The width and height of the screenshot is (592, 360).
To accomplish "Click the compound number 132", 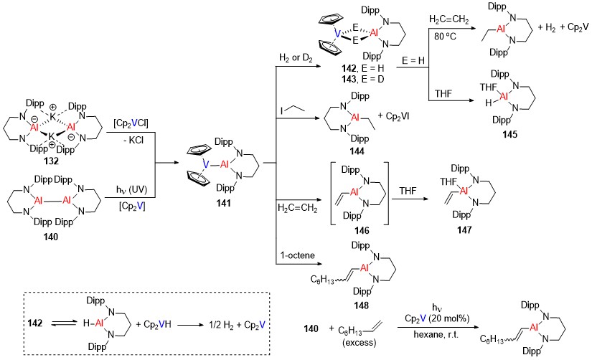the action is (x=51, y=161).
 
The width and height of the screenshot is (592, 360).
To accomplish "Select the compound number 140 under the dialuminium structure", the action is (x=51, y=237).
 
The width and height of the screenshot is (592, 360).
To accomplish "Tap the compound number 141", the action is (x=223, y=203).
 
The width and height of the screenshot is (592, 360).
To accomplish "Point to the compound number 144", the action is (x=357, y=151).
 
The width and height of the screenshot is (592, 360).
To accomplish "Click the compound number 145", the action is (x=509, y=134).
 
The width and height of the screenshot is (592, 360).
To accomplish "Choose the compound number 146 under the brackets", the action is (x=362, y=230).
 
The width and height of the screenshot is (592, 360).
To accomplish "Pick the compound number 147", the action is (x=464, y=229).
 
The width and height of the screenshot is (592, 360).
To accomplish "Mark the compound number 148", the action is (x=362, y=305).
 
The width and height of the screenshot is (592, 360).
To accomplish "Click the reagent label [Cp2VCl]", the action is (x=131, y=123).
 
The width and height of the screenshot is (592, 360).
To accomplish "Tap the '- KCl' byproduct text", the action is (x=133, y=140).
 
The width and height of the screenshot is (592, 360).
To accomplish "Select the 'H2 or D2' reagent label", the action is (x=296, y=58).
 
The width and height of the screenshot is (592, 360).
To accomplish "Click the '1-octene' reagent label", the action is (x=298, y=255).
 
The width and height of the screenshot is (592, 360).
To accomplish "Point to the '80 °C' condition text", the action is (x=445, y=37).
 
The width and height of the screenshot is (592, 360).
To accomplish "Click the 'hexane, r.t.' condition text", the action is (x=436, y=334).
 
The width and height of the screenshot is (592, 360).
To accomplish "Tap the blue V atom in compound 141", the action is (x=206, y=164).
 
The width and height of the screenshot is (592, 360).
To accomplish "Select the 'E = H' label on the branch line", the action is (x=413, y=60).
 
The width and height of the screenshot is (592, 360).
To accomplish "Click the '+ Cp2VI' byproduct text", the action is (x=393, y=116).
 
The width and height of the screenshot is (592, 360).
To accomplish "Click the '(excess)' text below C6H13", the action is (x=359, y=343).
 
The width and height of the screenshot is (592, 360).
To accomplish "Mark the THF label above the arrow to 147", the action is (x=408, y=191).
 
